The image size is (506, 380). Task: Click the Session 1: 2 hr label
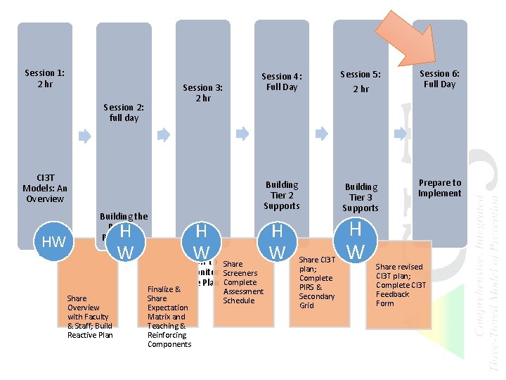[45, 78]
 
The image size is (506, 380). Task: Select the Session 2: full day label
[124, 113]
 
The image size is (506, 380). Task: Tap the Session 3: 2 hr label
[202, 93]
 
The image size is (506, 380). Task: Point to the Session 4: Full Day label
[281, 82]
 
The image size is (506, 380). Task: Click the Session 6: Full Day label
[439, 78]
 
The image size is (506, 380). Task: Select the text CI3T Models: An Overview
[45, 188]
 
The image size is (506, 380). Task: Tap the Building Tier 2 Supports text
[281, 195]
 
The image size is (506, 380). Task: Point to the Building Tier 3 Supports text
[361, 197]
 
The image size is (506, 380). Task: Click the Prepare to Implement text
[439, 188]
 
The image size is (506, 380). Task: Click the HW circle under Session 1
[54, 242]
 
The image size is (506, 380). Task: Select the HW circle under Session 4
[277, 241]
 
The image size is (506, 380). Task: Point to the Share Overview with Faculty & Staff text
[89, 317]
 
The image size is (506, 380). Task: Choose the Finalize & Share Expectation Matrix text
[168, 317]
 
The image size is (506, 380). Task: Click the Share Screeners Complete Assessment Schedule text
[243, 282]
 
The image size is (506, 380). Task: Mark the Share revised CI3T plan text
[399, 285]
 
